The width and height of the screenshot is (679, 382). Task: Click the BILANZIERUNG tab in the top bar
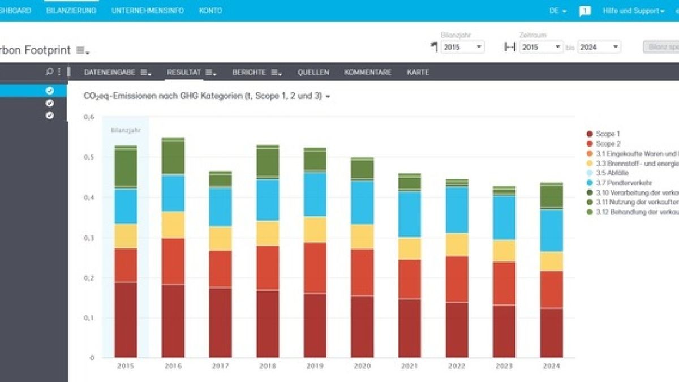pos(71,11)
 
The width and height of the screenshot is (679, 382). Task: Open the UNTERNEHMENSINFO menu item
pos(148,11)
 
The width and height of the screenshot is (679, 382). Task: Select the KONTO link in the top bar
pos(210,11)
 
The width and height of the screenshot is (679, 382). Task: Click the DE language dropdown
pos(558,11)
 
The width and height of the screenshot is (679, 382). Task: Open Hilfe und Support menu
pos(633,11)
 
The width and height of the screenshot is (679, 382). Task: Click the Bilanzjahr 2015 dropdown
pos(462,48)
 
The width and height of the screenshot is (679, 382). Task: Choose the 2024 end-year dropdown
pos(599,48)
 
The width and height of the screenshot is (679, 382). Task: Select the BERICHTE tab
pos(253,72)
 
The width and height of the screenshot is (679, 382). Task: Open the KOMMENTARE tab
pos(367,72)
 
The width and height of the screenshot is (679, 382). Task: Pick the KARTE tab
pos(418,72)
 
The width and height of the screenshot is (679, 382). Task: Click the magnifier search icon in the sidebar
pos(50,72)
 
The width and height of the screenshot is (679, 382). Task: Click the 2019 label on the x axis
pos(315,366)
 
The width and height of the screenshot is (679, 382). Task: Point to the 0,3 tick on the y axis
pos(88,238)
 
